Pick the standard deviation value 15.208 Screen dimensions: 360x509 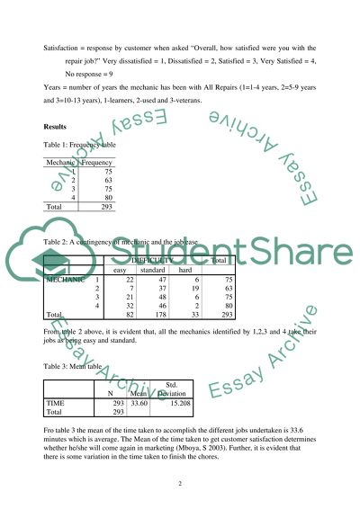pyautogui.click(x=175, y=404)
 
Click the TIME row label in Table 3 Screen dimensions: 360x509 pyautogui.click(x=56, y=404)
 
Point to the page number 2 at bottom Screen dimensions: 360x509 pyautogui.click(x=180, y=482)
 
